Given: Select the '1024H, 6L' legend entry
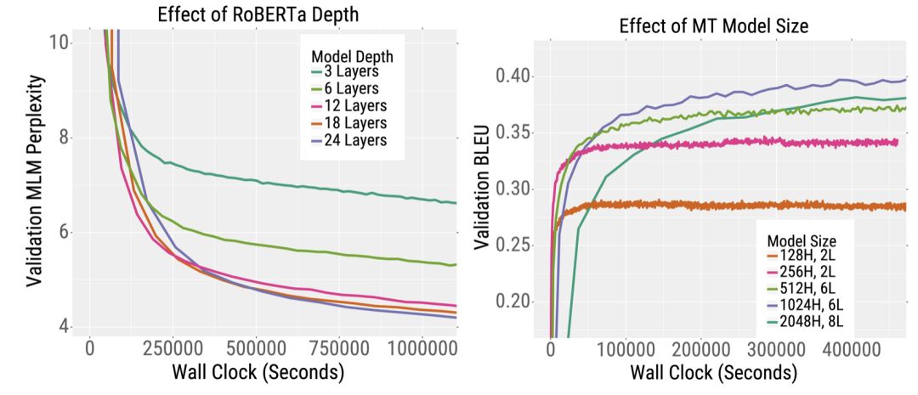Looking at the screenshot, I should (x=807, y=304).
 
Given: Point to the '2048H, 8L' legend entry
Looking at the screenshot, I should (x=807, y=321).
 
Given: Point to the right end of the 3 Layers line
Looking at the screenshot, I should (x=456, y=203).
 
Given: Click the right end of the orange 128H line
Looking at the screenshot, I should (x=905, y=206).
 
